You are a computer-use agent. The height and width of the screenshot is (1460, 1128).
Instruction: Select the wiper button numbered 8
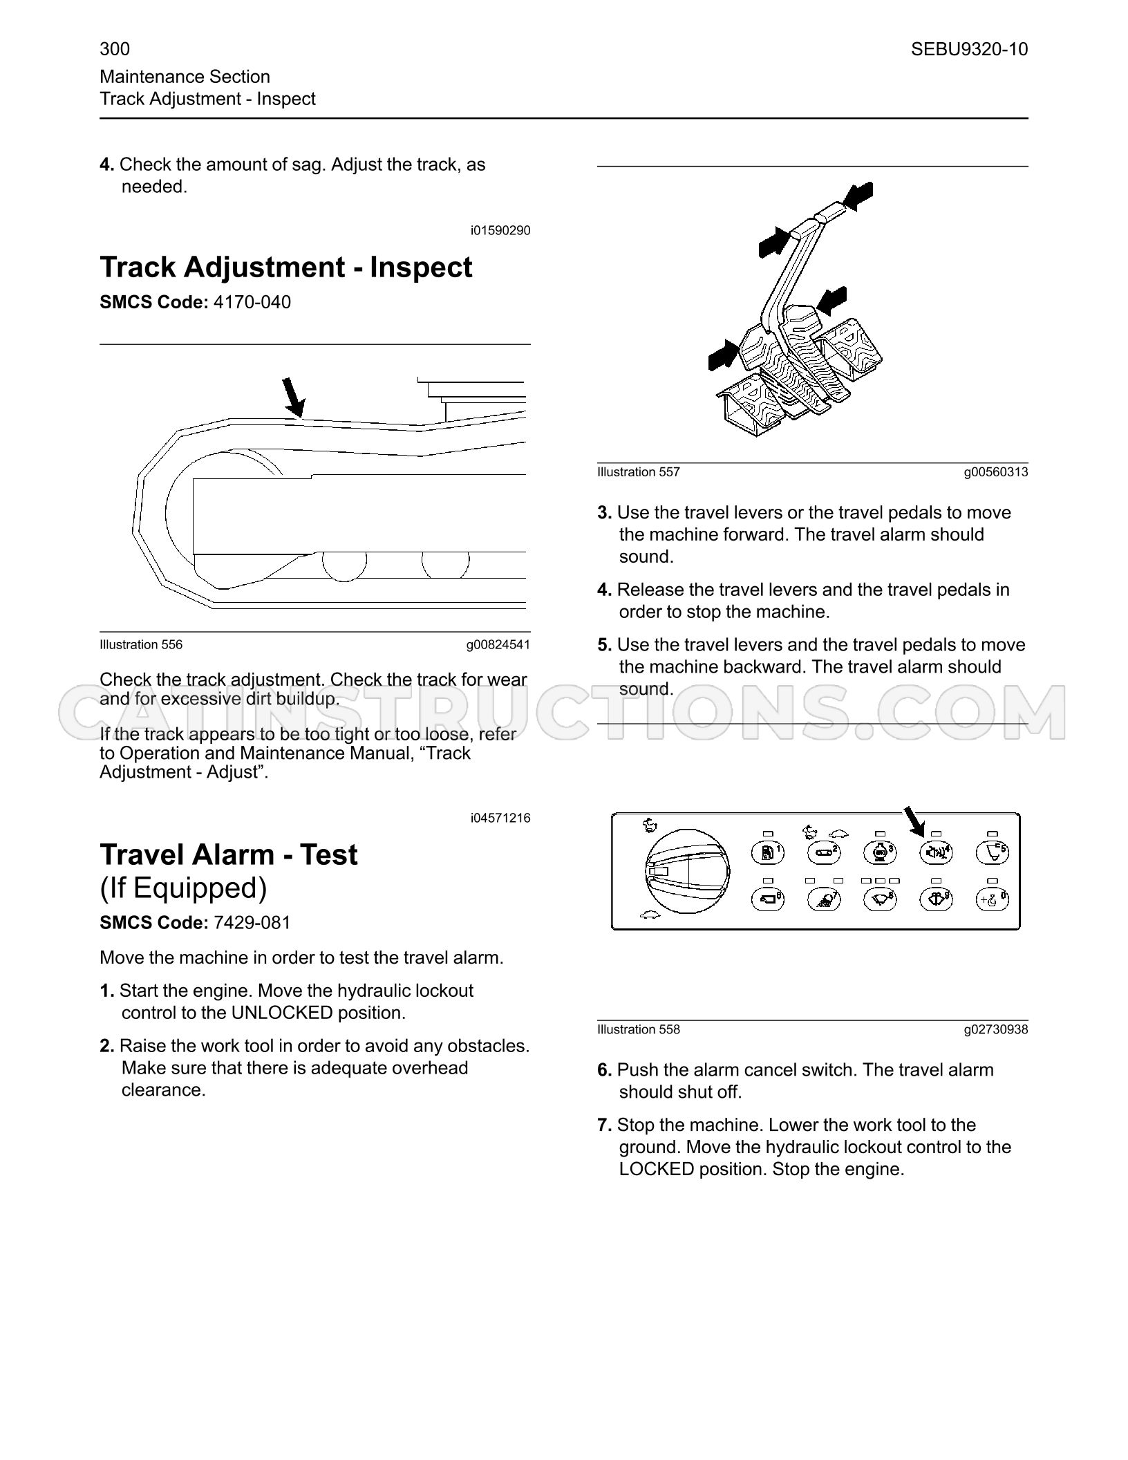pyautogui.click(x=880, y=899)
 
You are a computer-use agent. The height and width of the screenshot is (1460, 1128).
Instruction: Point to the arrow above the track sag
pyautogui.click(x=293, y=397)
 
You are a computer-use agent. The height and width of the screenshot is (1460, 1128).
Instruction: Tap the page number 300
pyautogui.click(x=115, y=48)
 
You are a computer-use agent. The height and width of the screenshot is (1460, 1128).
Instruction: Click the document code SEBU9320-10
pyautogui.click(x=969, y=49)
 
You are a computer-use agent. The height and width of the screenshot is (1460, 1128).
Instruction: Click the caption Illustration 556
pyautogui.click(x=141, y=645)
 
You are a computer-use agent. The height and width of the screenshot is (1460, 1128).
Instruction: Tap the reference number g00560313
pyautogui.click(x=996, y=472)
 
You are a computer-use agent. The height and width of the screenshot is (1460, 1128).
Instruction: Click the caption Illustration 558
pyautogui.click(x=639, y=1029)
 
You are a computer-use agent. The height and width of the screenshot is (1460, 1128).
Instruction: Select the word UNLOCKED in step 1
pyautogui.click(x=282, y=1013)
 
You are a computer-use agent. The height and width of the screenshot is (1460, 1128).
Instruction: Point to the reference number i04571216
pyautogui.click(x=500, y=818)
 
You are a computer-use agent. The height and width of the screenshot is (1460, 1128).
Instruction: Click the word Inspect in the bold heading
pyautogui.click(x=421, y=268)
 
